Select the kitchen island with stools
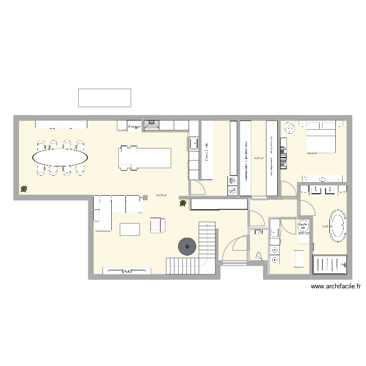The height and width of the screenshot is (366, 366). [x=145, y=158]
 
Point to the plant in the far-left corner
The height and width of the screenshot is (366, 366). [x=23, y=189]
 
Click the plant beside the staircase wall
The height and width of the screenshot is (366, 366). [x=183, y=203]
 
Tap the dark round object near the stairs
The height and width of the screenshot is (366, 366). [x=187, y=246]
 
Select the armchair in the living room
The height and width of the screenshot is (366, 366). [x=158, y=224]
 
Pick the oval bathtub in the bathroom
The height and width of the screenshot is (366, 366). [x=338, y=225]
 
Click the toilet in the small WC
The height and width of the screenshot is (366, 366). [x=259, y=255]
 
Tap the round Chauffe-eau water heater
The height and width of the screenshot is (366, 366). [x=303, y=227]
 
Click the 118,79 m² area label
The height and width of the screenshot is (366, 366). [x=161, y=196]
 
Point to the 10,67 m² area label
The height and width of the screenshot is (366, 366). [x=259, y=158]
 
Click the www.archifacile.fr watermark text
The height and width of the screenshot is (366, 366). [x=335, y=287]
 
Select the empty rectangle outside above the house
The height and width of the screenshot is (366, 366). [x=104, y=98]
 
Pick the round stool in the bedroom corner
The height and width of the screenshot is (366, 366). [x=289, y=128]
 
